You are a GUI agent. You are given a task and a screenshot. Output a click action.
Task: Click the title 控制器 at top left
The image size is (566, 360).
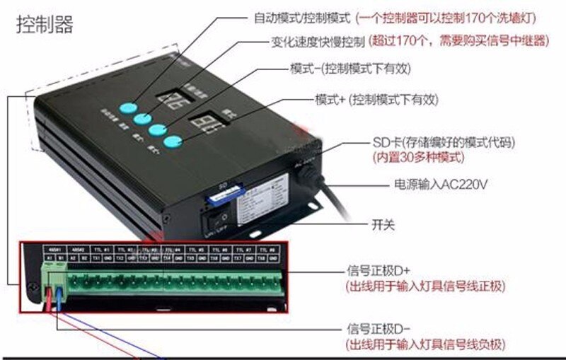coord(45,25)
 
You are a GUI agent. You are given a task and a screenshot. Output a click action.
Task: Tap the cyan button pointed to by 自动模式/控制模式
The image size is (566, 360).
coord(127,107)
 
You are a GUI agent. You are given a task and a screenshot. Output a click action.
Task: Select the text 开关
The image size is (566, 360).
coord(383,226)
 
